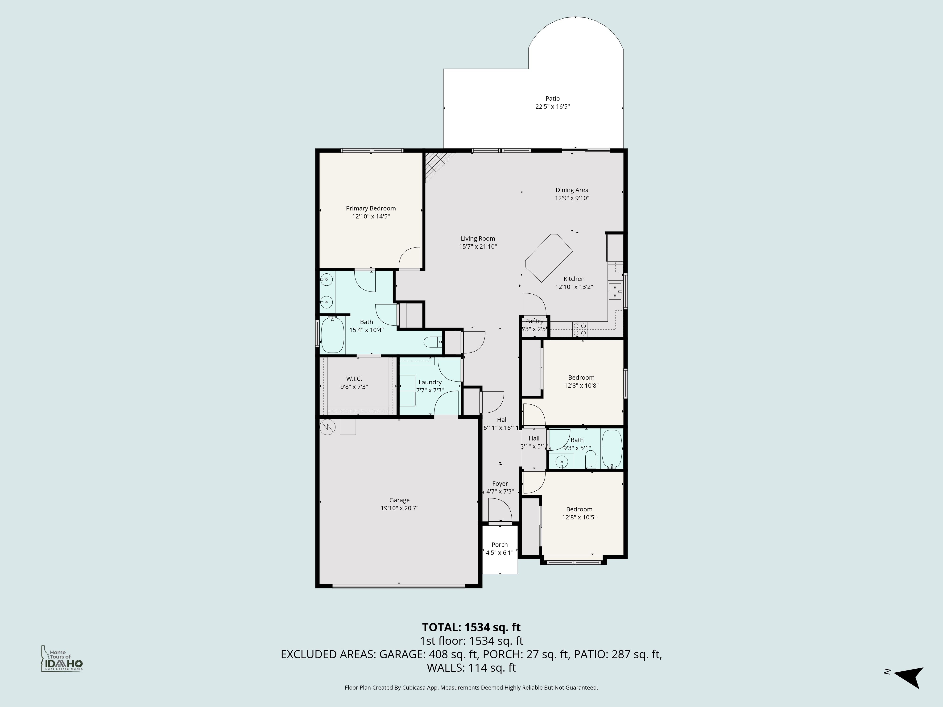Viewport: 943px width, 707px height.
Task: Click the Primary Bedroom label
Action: pos(370,208)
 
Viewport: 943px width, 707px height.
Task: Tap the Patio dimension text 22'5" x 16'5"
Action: pos(553,107)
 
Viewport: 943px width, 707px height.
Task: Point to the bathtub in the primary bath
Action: pos(332,335)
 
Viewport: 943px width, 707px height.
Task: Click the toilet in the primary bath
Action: pos(432,342)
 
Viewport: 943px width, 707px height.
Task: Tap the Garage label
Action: pos(399,500)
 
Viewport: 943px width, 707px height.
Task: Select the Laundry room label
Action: pos(430,382)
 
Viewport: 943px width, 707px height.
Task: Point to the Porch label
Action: pos(500,545)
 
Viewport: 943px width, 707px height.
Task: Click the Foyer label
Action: pos(500,484)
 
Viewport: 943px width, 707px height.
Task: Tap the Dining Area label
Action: pos(572,190)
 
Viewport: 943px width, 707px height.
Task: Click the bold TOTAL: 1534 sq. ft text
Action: pos(471,627)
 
